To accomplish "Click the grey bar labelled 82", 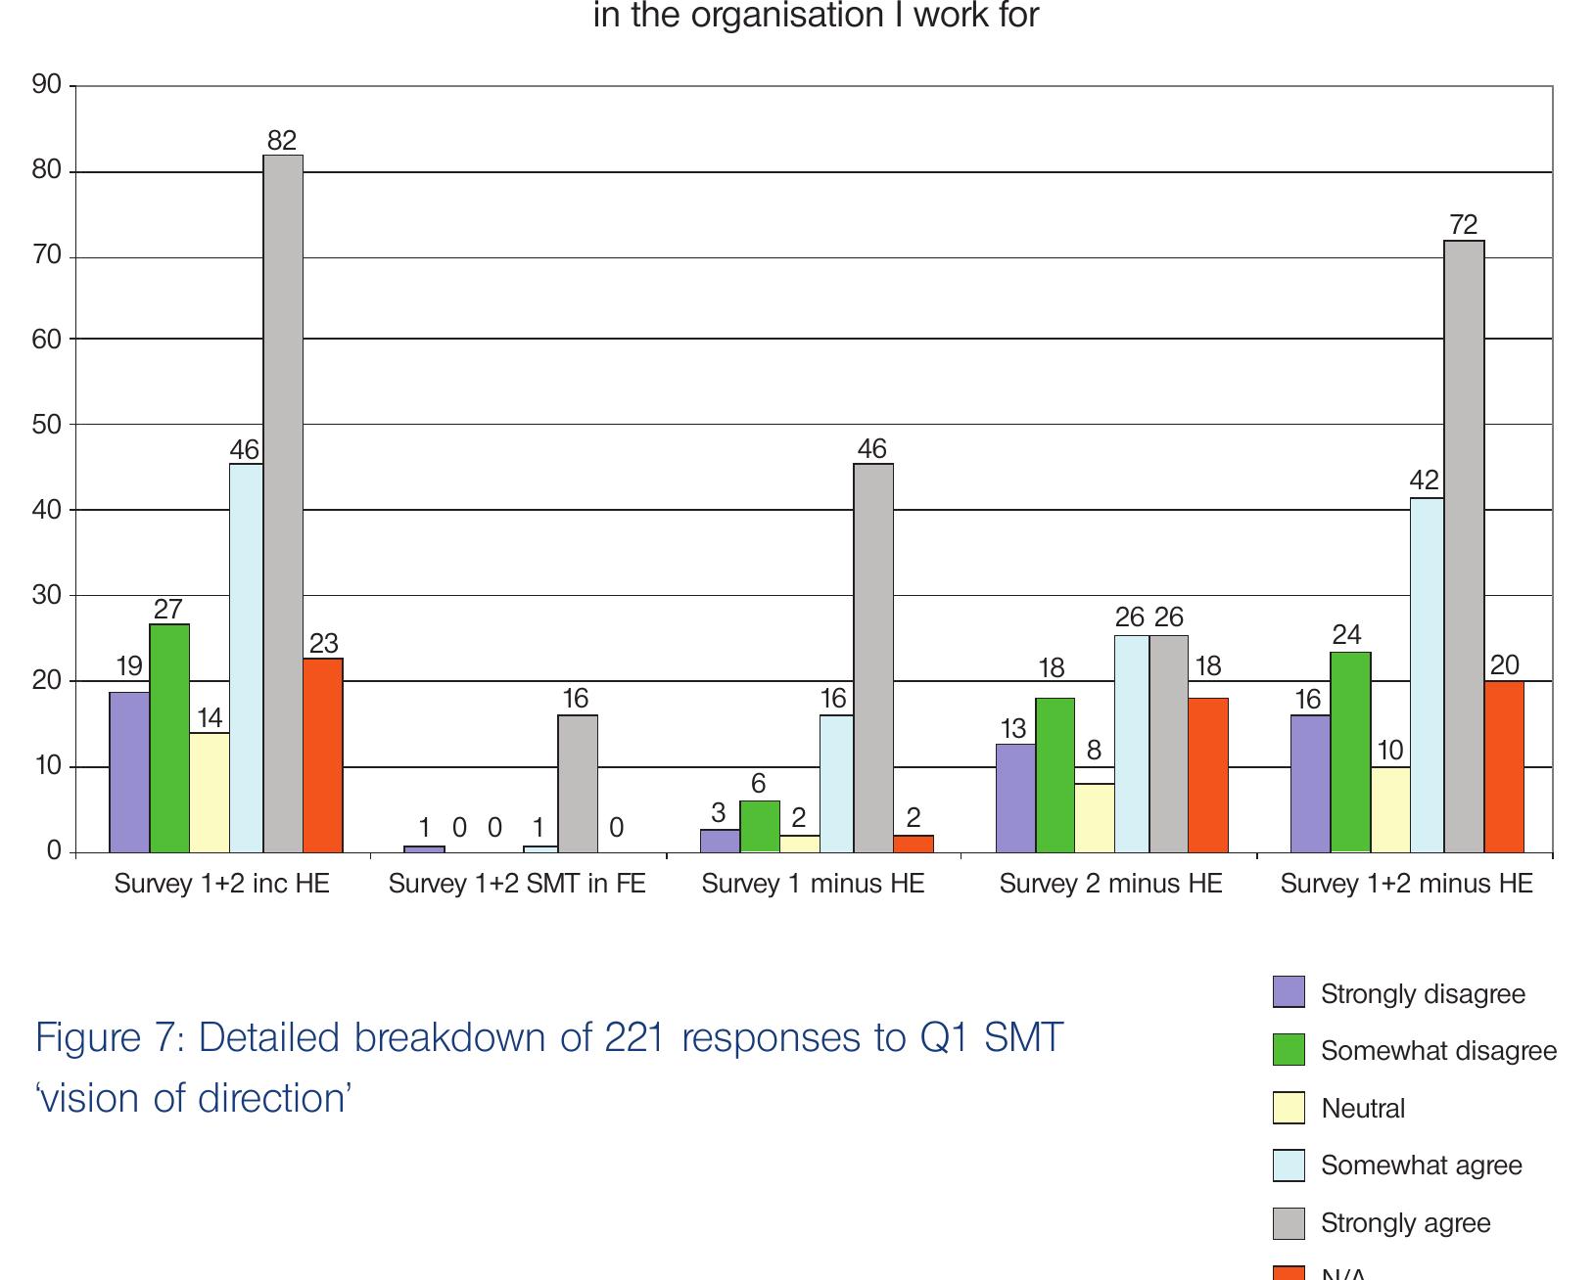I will point(283,503).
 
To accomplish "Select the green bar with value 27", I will point(169,738).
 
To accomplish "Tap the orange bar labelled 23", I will point(323,755).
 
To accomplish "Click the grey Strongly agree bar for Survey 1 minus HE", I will point(873,658).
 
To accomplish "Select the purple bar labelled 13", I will point(1015,798).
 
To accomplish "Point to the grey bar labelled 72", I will point(1464,546).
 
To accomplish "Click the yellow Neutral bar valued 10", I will point(1390,809).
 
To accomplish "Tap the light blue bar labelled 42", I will point(1427,675).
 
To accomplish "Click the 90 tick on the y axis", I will point(47,85).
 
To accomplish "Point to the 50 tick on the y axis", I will point(47,425).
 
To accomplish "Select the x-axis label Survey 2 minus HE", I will point(1110,884).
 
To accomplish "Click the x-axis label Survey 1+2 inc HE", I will point(222,884).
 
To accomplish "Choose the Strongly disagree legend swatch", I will point(1289,992).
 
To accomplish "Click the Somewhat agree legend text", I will point(1421,1166).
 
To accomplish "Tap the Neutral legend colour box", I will point(1289,1108).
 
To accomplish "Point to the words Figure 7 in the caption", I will point(109,1037).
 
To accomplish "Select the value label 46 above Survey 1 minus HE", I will point(871,449).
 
